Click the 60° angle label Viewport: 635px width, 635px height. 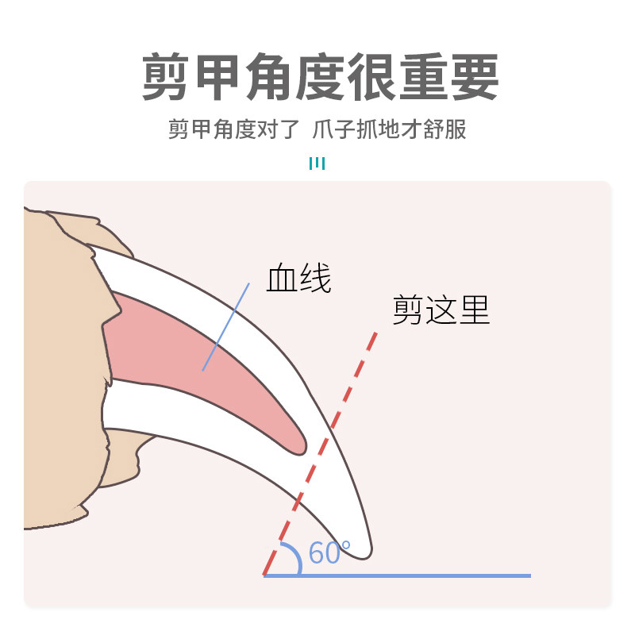click(329, 552)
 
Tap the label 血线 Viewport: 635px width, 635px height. click(299, 279)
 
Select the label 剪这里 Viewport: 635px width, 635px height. click(441, 310)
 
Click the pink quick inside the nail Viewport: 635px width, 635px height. click(198, 357)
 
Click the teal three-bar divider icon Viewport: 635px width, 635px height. click(317, 164)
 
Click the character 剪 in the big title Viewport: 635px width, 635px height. click(167, 78)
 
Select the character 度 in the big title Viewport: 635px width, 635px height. click(320, 78)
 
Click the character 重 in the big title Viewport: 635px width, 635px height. click(421, 78)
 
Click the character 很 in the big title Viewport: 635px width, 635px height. click(371, 78)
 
